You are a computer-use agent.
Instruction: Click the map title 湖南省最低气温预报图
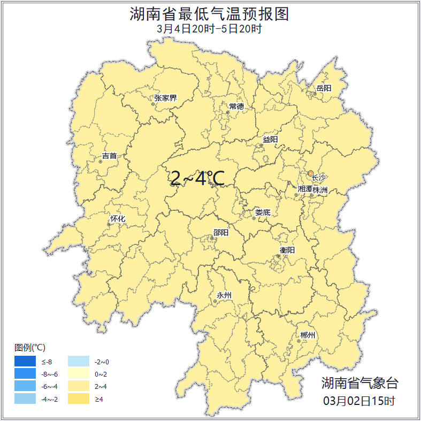point(210,14)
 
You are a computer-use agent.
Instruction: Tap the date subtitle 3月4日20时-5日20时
point(210,29)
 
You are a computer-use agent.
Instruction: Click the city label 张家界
point(165,98)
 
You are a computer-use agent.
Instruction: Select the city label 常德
point(236,106)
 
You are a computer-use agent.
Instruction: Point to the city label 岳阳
point(324,88)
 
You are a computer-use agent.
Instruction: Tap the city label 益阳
point(270,140)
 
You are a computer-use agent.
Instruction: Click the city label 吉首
point(109,156)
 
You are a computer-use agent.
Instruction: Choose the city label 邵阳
point(220,233)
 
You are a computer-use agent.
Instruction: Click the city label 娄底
point(263,212)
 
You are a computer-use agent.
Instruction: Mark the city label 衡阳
point(287,250)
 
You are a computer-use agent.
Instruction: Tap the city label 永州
point(224,295)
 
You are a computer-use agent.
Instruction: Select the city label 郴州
point(308,335)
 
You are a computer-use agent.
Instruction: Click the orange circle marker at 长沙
point(310,173)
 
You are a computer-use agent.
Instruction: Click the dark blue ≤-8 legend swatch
point(25,362)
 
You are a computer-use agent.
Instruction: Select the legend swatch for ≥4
point(79,399)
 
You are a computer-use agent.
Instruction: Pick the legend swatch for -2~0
point(79,362)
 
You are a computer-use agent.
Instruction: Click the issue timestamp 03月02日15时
point(359,401)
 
